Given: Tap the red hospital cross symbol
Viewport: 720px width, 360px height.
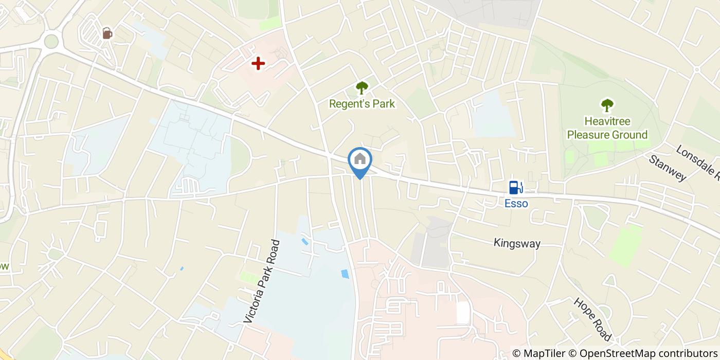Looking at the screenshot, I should pyautogui.click(x=258, y=64).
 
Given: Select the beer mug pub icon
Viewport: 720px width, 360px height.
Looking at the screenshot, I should pyautogui.click(x=107, y=33).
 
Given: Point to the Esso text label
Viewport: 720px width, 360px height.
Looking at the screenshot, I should pyautogui.click(x=516, y=204).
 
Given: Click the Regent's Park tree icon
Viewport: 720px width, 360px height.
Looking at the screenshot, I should pyautogui.click(x=362, y=88).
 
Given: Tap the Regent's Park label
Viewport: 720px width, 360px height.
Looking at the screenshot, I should pyautogui.click(x=362, y=104).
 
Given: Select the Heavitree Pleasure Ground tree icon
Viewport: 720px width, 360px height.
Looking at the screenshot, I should pyautogui.click(x=607, y=105).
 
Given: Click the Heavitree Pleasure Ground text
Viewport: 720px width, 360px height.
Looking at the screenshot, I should pyautogui.click(x=607, y=128).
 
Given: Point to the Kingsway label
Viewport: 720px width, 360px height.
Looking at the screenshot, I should pyautogui.click(x=517, y=243).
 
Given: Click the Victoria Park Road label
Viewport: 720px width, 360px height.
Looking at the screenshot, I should pyautogui.click(x=262, y=281).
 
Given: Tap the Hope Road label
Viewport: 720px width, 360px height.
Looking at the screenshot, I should pyautogui.click(x=592, y=319).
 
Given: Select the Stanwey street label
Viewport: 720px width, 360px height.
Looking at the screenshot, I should pyautogui.click(x=668, y=168).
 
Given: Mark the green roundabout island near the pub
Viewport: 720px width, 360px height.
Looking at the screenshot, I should pyautogui.click(x=51, y=41).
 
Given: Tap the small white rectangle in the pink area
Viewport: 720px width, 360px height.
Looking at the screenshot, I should pyautogui.click(x=463, y=313).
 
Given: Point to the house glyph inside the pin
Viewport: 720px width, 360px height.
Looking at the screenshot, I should pyautogui.click(x=360, y=159).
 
